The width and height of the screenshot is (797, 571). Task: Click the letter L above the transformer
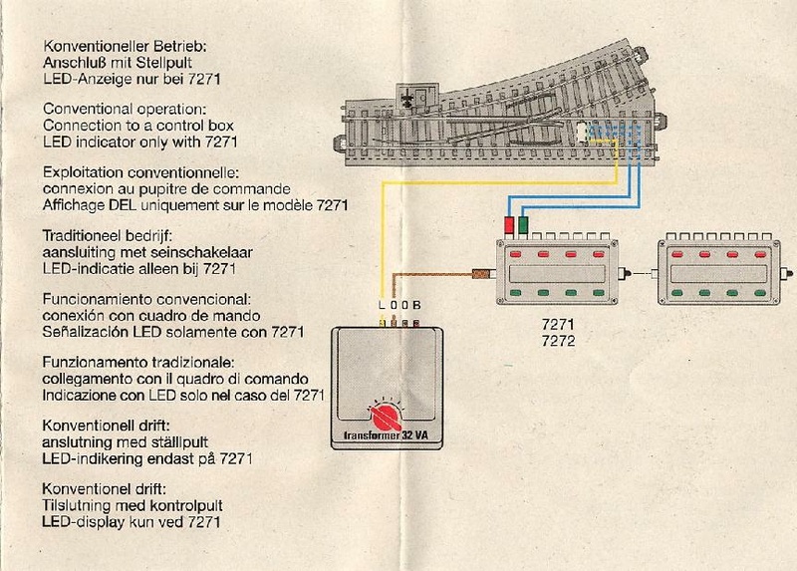click(383, 305)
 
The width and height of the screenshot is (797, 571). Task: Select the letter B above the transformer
click(417, 305)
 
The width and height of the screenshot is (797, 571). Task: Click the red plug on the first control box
click(509, 224)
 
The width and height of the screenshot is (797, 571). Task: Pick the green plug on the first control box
click(523, 224)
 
